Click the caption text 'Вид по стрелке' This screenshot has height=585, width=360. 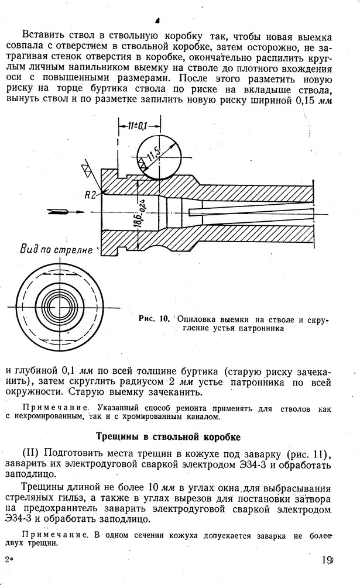tap(56, 250)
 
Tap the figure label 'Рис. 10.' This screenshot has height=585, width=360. tap(154, 319)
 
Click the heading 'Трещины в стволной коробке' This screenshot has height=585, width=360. tap(169, 436)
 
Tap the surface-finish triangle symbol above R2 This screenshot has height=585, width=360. tap(87, 169)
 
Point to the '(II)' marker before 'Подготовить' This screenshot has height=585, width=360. tap(32, 455)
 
